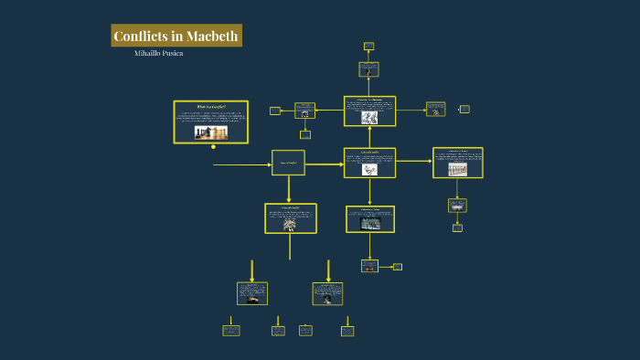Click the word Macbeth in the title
click(213, 37)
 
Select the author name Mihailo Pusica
click(158, 53)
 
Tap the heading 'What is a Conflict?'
click(210, 107)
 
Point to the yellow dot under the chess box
click(213, 145)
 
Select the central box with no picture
click(288, 164)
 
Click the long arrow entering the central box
click(241, 164)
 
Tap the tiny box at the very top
click(368, 46)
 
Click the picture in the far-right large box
click(457, 168)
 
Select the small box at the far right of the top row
click(464, 109)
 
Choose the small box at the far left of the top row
click(275, 111)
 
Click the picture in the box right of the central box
click(369, 169)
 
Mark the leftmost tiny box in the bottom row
click(231, 330)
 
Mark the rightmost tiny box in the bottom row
click(347, 330)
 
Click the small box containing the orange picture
click(369, 266)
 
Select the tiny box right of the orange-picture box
click(397, 267)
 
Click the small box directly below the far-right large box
click(457, 205)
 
